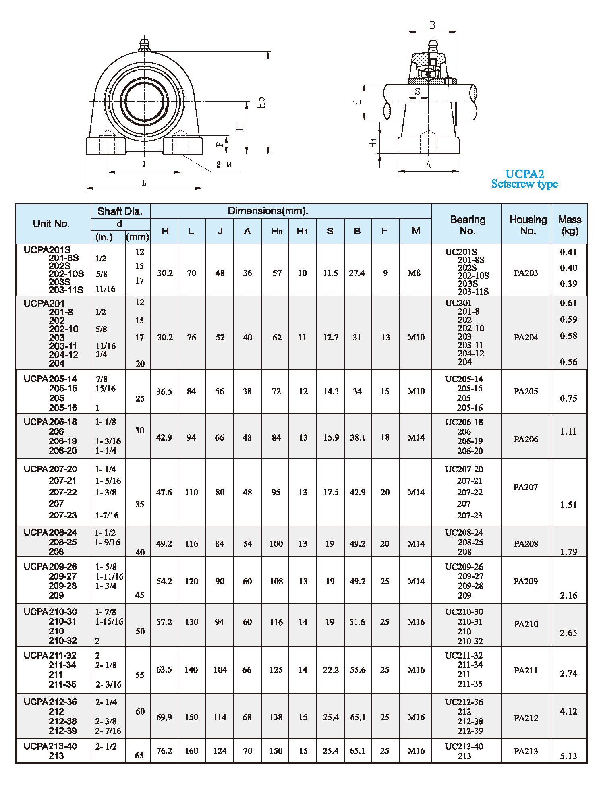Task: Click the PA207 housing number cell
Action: click(526, 487)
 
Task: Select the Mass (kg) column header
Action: click(569, 225)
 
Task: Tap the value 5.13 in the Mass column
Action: click(568, 756)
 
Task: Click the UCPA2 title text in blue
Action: click(524, 174)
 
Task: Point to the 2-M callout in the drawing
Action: click(224, 164)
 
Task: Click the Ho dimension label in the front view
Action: click(261, 102)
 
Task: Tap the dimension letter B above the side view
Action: click(432, 25)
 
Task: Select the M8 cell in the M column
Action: click(414, 273)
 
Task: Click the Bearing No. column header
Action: click(467, 225)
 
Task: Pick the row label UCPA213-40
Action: click(50, 746)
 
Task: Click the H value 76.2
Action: click(164, 751)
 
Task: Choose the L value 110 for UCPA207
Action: click(191, 492)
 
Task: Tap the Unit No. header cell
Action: click(52, 224)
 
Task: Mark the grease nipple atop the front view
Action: click(144, 44)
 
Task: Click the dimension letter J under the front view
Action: click(144, 164)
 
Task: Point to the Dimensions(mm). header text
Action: click(268, 211)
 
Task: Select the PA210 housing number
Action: click(526, 624)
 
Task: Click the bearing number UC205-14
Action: click(464, 379)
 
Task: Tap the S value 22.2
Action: click(330, 670)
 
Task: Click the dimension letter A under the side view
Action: click(428, 164)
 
